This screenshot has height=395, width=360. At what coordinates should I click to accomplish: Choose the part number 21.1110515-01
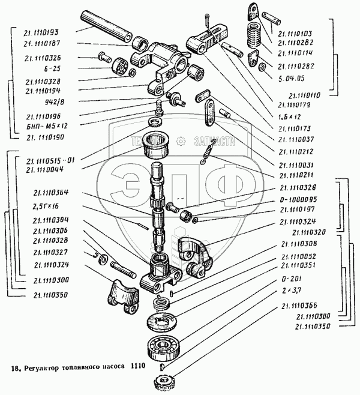point(49,161)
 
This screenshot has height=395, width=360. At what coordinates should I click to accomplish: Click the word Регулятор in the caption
point(42,367)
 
